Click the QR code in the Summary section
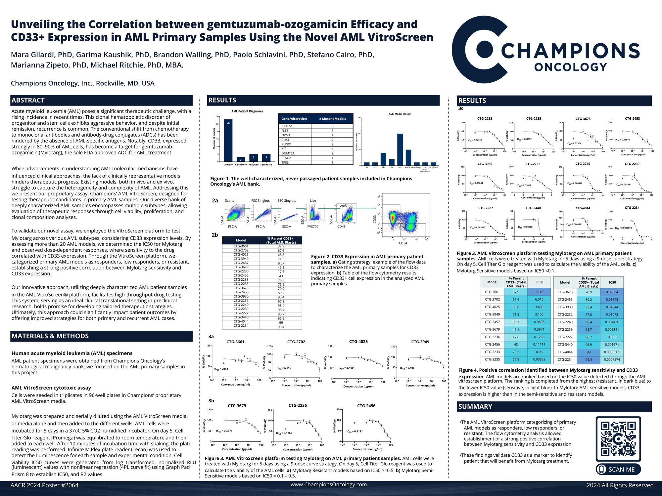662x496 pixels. tap(618, 439)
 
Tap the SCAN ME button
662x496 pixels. tap(618, 469)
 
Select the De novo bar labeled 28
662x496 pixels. tap(228, 140)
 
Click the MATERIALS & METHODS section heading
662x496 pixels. tap(50, 336)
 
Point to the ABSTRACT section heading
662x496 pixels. tap(28, 100)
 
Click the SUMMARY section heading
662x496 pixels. tap(475, 406)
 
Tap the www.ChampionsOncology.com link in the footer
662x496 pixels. tap(328, 484)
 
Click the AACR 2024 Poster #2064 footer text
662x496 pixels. tap(44, 485)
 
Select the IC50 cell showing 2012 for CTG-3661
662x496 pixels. tap(539, 292)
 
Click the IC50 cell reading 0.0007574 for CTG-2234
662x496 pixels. tap(612, 359)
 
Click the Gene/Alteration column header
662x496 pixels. tap(294, 119)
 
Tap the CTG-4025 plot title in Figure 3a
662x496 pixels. tap(358, 342)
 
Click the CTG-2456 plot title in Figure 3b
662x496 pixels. tap(366, 406)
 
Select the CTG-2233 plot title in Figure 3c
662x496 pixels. tap(485, 118)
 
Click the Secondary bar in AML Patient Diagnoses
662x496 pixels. tap(266, 158)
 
